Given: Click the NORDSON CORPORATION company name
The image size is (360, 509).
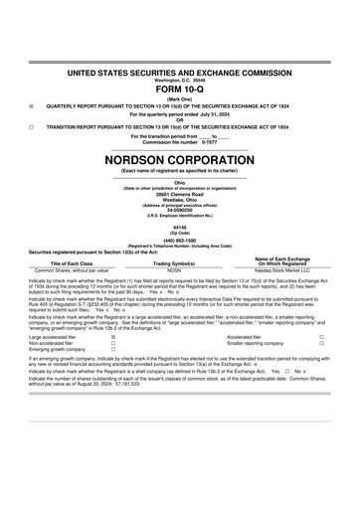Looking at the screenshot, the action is pos(180,159).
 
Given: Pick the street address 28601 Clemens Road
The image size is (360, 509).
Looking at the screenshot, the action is pos(180,192).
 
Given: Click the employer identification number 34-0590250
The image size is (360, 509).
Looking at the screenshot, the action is pos(180,210).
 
